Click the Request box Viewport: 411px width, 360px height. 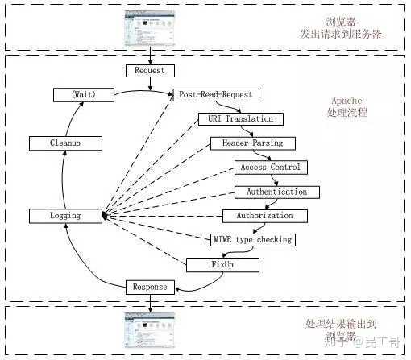150,71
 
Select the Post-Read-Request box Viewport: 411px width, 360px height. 216,95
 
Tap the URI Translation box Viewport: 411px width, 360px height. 241,119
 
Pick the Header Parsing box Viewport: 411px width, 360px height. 253,143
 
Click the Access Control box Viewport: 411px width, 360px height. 271,168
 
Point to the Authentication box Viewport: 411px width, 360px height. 277,192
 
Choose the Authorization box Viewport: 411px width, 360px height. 265,216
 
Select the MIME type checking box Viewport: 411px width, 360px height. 253,240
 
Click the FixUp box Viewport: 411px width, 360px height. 222,265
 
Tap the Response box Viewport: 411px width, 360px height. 150,288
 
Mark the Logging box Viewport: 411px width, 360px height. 65,216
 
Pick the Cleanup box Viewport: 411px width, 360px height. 65,143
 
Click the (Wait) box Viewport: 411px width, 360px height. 84,95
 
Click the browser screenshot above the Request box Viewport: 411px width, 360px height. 150,28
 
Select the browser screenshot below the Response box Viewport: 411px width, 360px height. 150,330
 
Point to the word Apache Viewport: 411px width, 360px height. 347,101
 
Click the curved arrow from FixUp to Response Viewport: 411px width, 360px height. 204,286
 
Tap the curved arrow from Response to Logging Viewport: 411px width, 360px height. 86,266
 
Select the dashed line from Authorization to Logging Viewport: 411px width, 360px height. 163,216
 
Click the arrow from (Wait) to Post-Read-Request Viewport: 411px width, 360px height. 143,91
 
